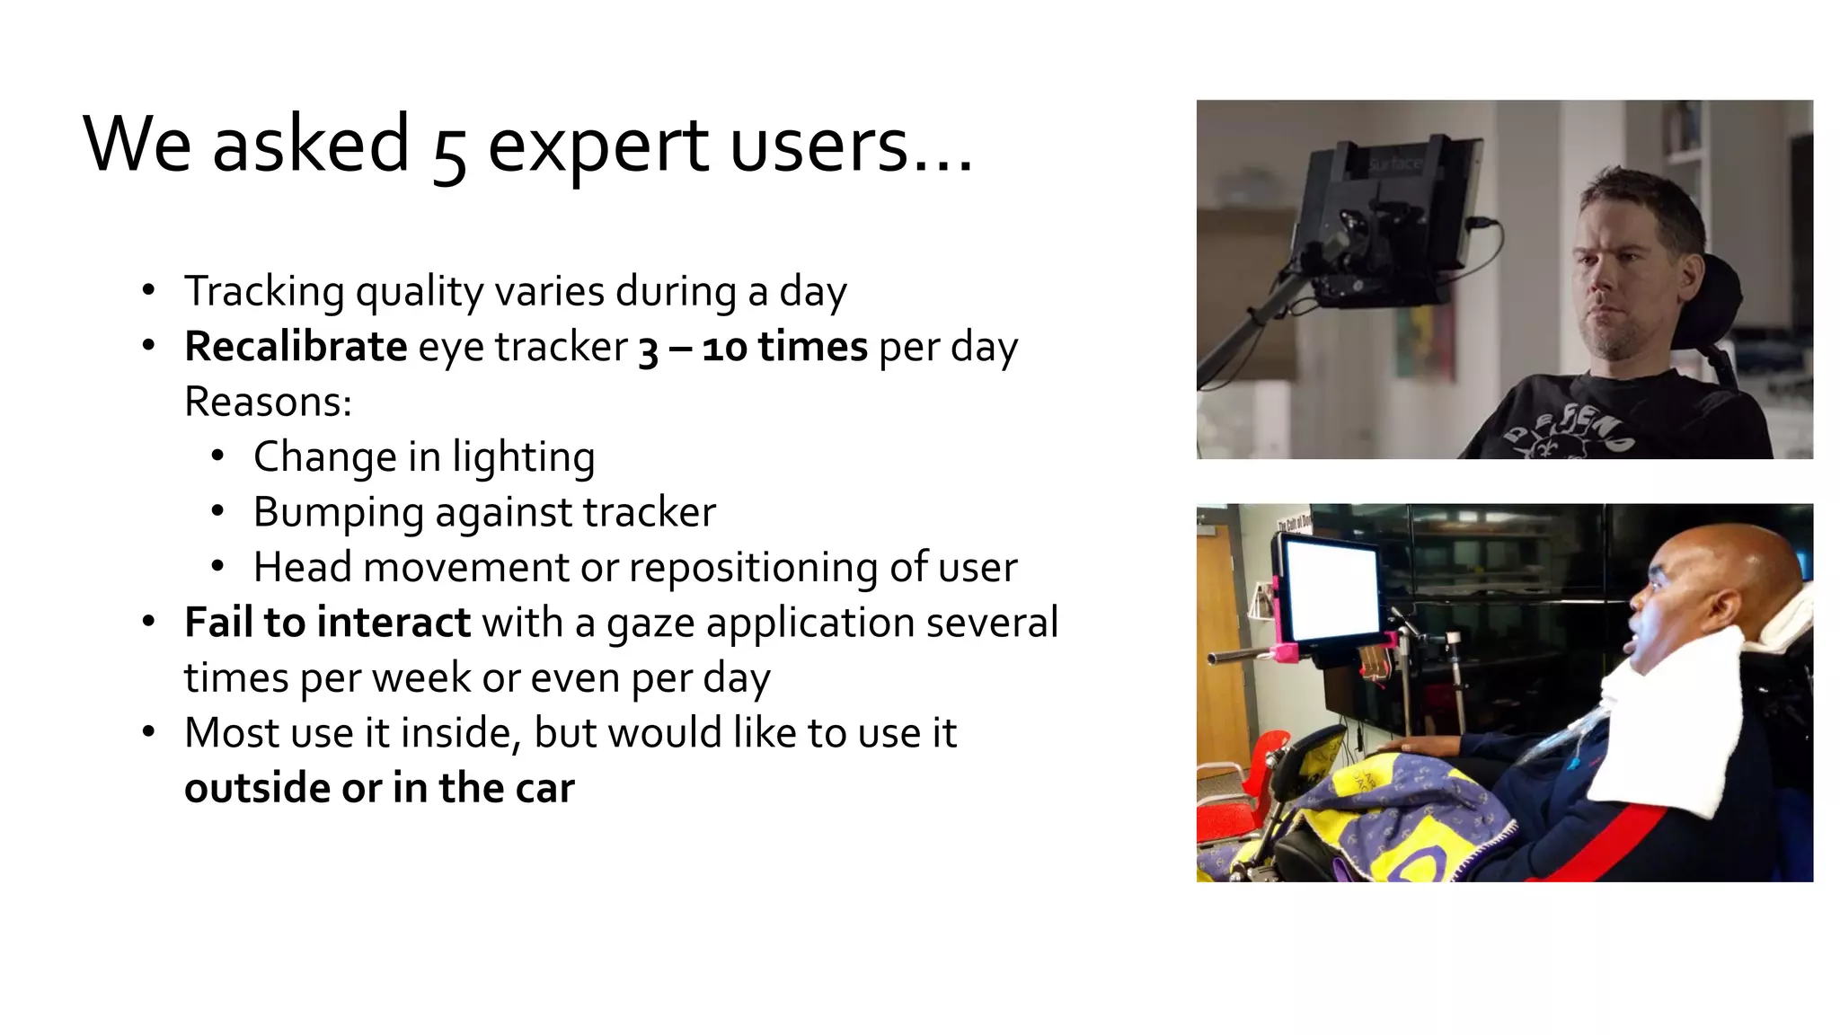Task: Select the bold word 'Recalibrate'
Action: (296, 347)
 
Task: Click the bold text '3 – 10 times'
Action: (753, 347)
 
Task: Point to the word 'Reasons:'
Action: (268, 402)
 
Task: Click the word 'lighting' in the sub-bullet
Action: (523, 457)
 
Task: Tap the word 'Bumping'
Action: (338, 513)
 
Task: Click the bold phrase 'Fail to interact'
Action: (327, 623)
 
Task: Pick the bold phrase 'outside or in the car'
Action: (379, 788)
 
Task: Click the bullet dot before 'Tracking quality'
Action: (149, 290)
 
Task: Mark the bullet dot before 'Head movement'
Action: (217, 567)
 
